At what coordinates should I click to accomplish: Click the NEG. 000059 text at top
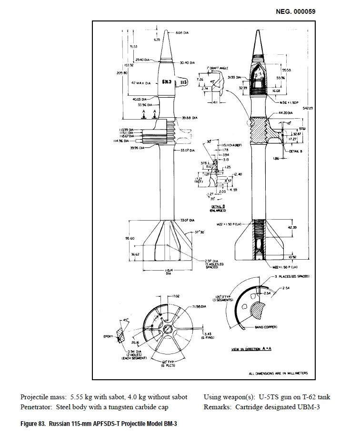pos(295,11)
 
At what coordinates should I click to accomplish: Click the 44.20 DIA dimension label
pos(284,113)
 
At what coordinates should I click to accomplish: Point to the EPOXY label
pos(108,336)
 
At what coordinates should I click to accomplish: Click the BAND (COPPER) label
pos(267,327)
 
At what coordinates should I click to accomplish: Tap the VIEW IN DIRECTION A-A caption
pos(251,349)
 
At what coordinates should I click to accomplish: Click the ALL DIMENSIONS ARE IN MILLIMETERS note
pos(278,373)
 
